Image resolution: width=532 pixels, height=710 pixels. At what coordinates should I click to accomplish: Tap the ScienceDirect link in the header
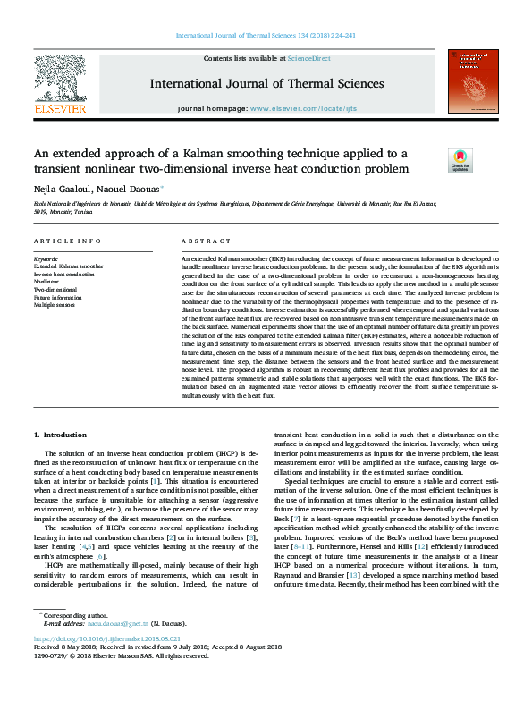[308, 58]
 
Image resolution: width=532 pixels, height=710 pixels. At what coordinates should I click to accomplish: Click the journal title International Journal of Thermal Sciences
[267, 84]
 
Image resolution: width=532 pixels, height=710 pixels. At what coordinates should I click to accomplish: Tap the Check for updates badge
[460, 160]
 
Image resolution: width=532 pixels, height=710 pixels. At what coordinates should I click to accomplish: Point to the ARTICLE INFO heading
[67, 242]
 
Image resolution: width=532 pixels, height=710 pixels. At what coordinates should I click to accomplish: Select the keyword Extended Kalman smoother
[68, 266]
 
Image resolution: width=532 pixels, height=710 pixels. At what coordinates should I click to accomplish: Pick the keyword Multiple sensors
[56, 306]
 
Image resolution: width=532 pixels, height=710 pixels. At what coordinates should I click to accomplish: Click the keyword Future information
[58, 298]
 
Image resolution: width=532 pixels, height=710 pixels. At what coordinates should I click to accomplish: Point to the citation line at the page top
[266, 36]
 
